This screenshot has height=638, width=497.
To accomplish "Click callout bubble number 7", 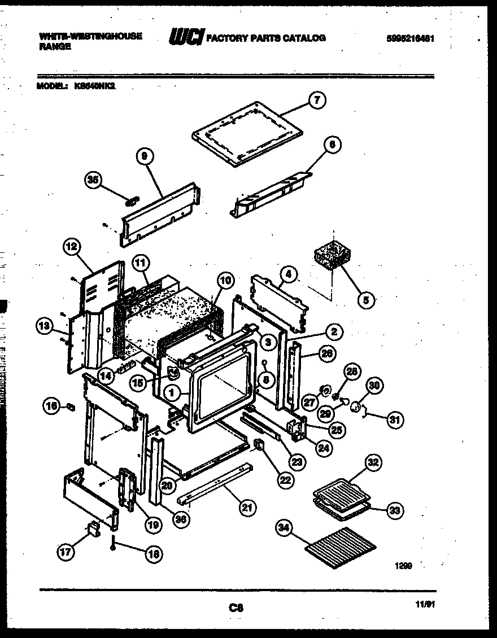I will [x=317, y=101].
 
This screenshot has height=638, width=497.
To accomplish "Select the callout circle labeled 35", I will [x=92, y=180].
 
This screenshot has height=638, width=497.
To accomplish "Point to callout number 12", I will [x=72, y=246].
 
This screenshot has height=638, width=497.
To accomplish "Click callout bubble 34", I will [x=285, y=528].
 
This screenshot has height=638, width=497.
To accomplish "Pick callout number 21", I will [x=246, y=508].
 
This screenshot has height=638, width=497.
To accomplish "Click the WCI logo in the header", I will [x=185, y=38].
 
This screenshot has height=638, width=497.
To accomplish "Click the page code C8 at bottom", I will [x=236, y=608].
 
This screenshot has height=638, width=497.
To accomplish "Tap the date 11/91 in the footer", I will [x=425, y=604].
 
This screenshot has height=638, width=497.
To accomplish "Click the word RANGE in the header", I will [x=55, y=48].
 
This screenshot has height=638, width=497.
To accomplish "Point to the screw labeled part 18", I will [x=113, y=543].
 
